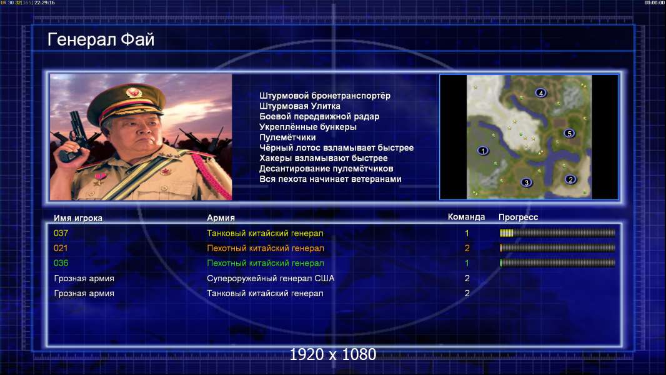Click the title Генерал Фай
coord(101,39)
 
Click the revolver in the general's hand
coord(72,136)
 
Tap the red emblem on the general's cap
coord(133,92)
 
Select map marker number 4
coord(540,92)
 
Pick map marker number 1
coord(483,151)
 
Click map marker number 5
coord(569,133)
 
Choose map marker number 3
coord(526,182)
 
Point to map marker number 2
coord(570,179)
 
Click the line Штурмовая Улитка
coord(300,106)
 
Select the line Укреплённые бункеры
coord(308,127)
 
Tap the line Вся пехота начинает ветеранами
coord(331,179)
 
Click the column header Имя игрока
coord(77,218)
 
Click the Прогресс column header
coord(518,217)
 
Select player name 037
coord(61,233)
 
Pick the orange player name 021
coord(61,248)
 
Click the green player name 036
coord(61,263)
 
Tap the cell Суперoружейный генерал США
coord(271,278)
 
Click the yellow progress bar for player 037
coord(557,232)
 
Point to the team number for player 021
coord(467,248)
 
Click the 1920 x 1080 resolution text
coord(333,354)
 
